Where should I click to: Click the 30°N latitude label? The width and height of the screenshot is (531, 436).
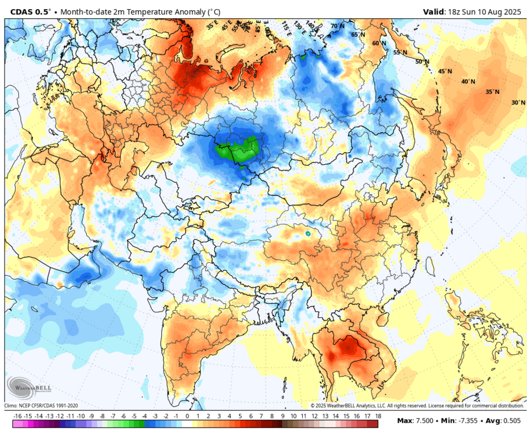518,103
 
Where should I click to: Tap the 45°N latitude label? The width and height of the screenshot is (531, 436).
445,72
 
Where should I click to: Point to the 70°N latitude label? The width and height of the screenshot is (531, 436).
338,26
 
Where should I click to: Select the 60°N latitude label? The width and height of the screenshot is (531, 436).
379,44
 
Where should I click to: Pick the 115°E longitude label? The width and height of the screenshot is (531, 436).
286,26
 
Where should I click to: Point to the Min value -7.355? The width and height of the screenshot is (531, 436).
464,421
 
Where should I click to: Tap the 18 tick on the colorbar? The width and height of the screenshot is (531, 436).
378,416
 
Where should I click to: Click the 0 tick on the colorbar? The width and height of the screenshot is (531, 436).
187,416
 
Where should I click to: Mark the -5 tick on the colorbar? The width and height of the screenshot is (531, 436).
135,416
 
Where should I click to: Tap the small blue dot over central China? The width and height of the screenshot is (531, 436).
308,233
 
